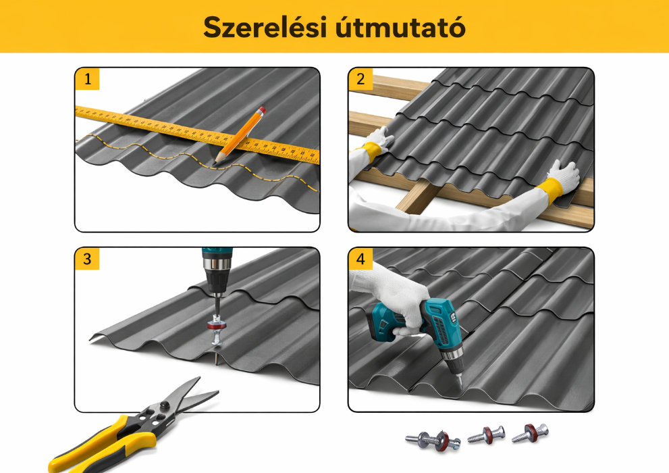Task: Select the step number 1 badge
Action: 87,78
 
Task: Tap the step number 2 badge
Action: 360,78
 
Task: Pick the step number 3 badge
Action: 87,259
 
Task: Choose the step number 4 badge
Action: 360,259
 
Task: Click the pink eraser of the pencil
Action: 261,109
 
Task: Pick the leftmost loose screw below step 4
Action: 433,439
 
